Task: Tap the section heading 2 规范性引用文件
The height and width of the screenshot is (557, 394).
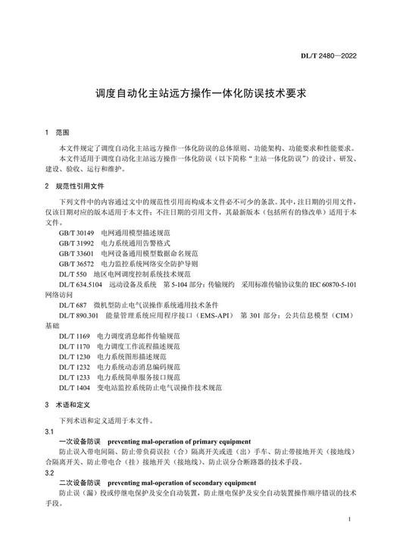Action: pyautogui.click(x=76, y=186)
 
